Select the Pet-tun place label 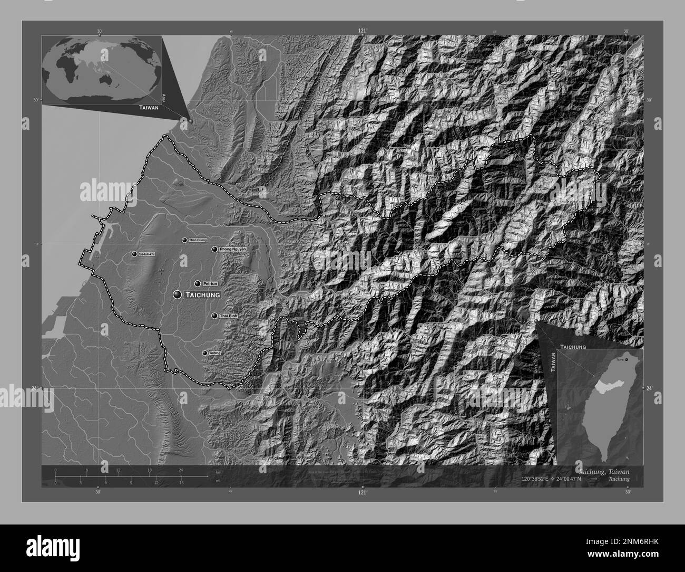(x=210, y=283)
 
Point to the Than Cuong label (x=198, y=240)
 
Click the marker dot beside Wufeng (x=205, y=353)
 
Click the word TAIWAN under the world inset (x=149, y=108)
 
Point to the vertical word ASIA (x=164, y=97)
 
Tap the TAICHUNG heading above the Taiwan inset (x=573, y=347)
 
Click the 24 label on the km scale (x=181, y=470)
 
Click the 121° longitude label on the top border (x=362, y=31)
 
